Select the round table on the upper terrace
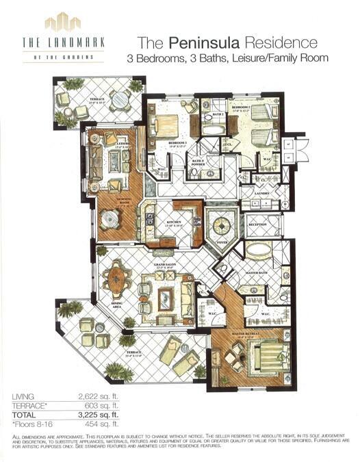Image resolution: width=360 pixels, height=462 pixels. pos(120,100)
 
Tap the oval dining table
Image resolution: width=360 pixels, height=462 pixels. pos(117,279)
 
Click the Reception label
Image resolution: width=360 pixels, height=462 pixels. pos(257,224)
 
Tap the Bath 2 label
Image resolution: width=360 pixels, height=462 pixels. pos(218,114)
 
